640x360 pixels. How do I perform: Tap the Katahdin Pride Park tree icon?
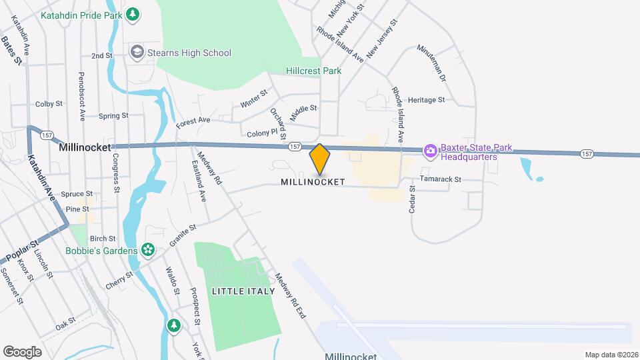(x=133, y=13)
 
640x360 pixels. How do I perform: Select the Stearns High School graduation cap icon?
(x=137, y=53)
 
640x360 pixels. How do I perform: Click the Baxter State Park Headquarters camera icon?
(x=431, y=152)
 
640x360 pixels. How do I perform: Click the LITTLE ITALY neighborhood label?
(x=243, y=291)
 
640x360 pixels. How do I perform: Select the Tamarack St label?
(x=441, y=179)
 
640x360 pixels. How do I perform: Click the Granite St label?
(x=182, y=236)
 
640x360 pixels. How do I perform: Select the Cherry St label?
(x=120, y=281)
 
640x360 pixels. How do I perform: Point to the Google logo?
(x=22, y=352)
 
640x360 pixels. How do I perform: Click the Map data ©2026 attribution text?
(x=611, y=355)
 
